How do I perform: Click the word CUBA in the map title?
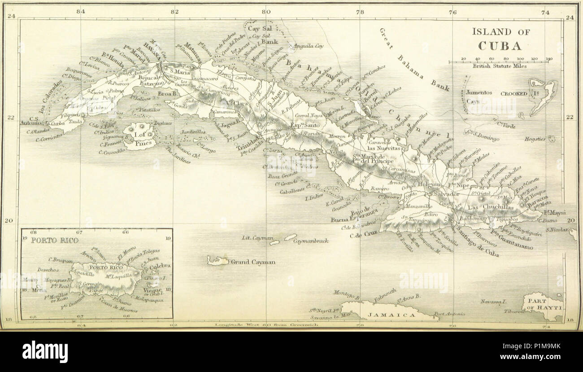(x=500, y=46)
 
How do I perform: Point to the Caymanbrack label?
(x=310, y=241)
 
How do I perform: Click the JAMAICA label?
(x=392, y=315)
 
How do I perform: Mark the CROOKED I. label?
(x=513, y=93)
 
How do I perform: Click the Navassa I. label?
(x=493, y=302)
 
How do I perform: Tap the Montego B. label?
(x=346, y=293)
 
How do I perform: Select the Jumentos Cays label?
(x=479, y=96)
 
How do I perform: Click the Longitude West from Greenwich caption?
(x=266, y=324)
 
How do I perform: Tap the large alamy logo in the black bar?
(x=45, y=351)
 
